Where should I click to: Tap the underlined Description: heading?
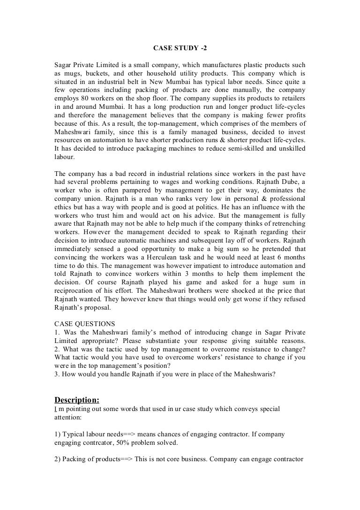pyautogui.click(x=77, y=400)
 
